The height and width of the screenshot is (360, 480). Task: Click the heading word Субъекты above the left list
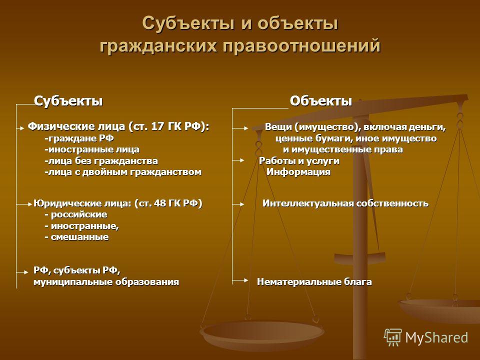coord(68,101)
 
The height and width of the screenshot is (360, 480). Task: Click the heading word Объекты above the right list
coord(321,101)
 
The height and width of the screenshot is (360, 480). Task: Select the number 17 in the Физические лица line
coord(158,126)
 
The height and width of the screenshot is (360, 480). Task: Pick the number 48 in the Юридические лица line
coord(160,203)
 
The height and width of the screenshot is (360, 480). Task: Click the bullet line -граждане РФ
coord(79,138)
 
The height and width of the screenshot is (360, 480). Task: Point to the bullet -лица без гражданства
coord(101,160)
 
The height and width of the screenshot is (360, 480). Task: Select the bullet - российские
coord(76,214)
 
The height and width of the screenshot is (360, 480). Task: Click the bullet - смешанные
coord(76,237)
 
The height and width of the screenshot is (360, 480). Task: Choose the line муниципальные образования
coord(106,282)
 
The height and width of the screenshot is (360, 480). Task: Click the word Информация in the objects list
coord(298,171)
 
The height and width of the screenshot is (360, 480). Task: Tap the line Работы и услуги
coord(299,160)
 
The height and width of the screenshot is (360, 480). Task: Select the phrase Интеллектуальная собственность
coord(345,203)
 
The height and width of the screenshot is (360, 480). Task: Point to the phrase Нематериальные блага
coord(314,281)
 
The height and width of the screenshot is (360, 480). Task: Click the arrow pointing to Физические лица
coord(20,128)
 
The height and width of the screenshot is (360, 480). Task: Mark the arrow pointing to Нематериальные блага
coord(240,280)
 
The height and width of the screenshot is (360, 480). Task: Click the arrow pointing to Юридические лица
coord(24,204)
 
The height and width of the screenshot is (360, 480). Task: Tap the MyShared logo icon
coord(393,337)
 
